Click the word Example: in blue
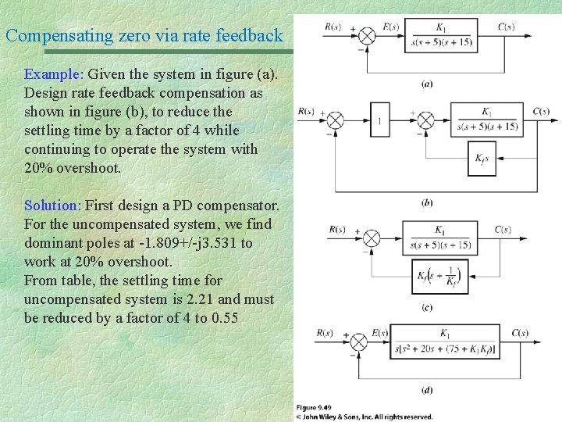pos(54,75)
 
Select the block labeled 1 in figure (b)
pos(379,121)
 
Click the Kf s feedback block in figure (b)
pos(482,159)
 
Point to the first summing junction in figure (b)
pos(335,121)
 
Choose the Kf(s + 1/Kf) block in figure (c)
pos(440,276)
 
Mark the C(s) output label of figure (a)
pos(506,27)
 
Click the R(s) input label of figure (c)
pos(337,229)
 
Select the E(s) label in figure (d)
pos(380,334)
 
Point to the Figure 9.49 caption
pos(313,408)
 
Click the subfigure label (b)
pos(427,203)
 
